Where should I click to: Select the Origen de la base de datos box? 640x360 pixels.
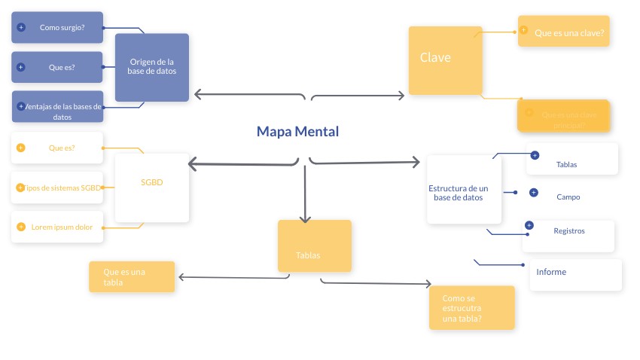pos(152,67)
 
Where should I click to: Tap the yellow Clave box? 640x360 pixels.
pos(445,60)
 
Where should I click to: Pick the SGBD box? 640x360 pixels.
pos(151,188)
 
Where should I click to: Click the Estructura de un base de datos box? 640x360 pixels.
pos(459,189)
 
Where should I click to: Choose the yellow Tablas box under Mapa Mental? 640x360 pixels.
pos(314,246)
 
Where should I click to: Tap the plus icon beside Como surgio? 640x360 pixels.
pos(21,27)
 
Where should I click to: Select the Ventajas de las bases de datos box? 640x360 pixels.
pos(57,106)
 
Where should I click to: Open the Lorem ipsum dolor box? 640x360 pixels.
pos(57,227)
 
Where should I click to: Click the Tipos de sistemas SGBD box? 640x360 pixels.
pos(57,188)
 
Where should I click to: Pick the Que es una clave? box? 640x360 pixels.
pos(564,32)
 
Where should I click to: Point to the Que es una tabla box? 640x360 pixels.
pos(132,276)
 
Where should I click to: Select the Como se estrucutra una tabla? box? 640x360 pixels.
pos(471,307)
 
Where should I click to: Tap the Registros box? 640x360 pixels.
pos(568,236)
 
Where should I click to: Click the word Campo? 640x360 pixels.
pos(568,197)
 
